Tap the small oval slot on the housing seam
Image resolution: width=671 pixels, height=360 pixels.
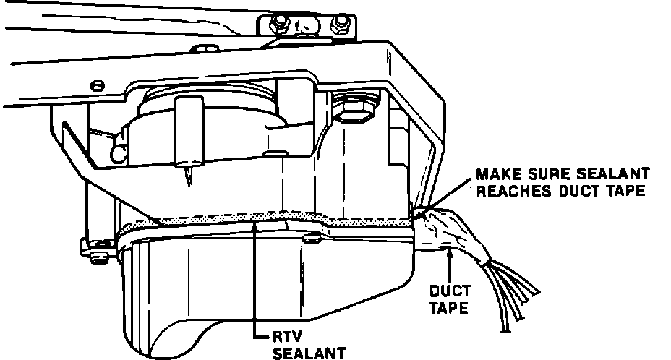click(x=311, y=237)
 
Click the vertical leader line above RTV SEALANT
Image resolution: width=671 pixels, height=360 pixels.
click(x=255, y=282)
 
